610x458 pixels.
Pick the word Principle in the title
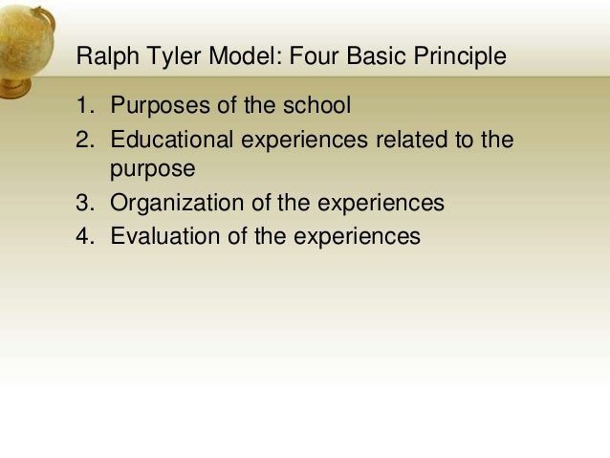point(459,57)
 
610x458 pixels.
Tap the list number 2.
point(83,141)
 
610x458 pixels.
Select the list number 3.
point(83,203)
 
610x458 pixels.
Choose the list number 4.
point(83,235)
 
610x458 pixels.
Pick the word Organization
point(179,203)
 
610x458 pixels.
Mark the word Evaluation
point(166,235)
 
